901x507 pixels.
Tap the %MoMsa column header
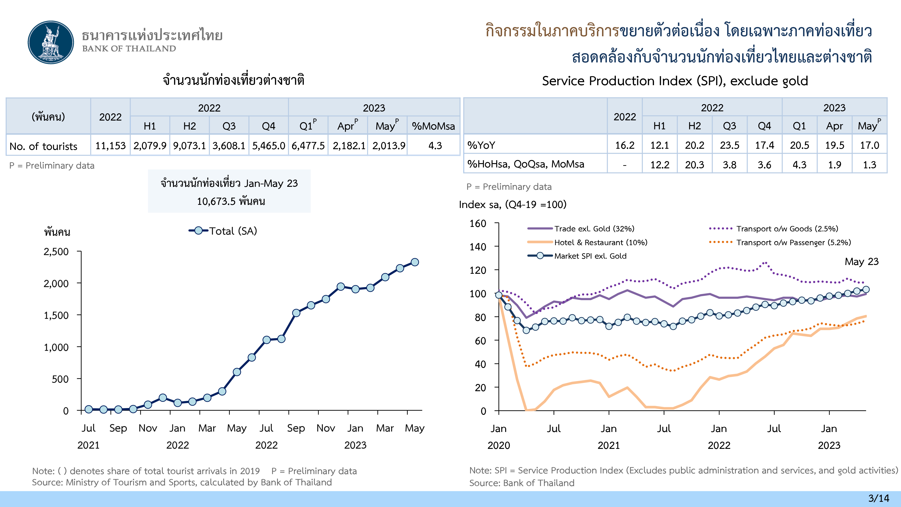coord(433,126)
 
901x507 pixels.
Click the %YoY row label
coord(481,145)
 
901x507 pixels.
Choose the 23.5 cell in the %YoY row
coord(729,145)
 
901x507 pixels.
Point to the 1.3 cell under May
coord(869,164)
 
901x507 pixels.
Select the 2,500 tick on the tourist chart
coord(56,251)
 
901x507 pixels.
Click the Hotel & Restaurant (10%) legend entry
coord(600,242)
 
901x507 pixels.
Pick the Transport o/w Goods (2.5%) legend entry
coord(787,229)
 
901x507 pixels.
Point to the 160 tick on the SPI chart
coord(478,224)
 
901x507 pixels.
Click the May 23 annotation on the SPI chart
coord(862,262)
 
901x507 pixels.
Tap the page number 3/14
coord(878,498)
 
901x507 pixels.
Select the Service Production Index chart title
coord(675,81)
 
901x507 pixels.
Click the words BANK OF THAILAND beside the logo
coord(129,49)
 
